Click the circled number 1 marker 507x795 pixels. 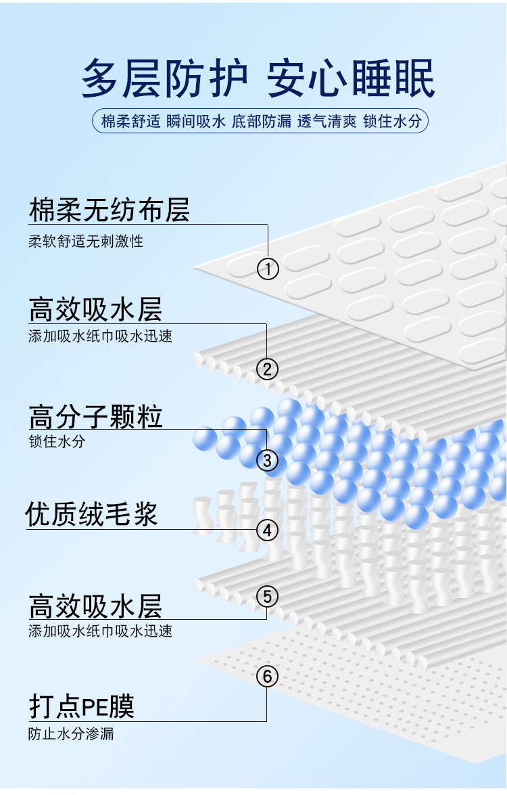pos(268,269)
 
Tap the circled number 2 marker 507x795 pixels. pos(267,369)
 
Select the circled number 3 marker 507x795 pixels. pos(267,461)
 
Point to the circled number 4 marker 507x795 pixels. pos(268,530)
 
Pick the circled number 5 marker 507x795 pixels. pos(267,597)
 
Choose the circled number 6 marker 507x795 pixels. pos(267,676)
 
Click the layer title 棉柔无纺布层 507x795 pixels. pos(109,210)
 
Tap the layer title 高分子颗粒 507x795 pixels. pos(95,416)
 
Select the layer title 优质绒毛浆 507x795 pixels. pos(91,514)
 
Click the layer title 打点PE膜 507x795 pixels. pos(81,706)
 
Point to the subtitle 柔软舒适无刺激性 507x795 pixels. pos(85,241)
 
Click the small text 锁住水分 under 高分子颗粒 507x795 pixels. pos(57,442)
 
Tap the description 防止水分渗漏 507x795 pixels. pos(71,734)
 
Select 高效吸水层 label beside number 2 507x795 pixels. pos(95,311)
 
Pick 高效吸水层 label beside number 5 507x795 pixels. pos(95,606)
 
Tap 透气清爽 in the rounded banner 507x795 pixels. pos(327,122)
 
